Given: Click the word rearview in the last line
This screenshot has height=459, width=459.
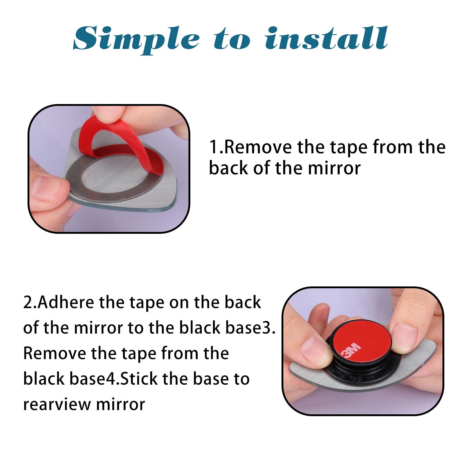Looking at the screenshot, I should coord(57,404).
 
